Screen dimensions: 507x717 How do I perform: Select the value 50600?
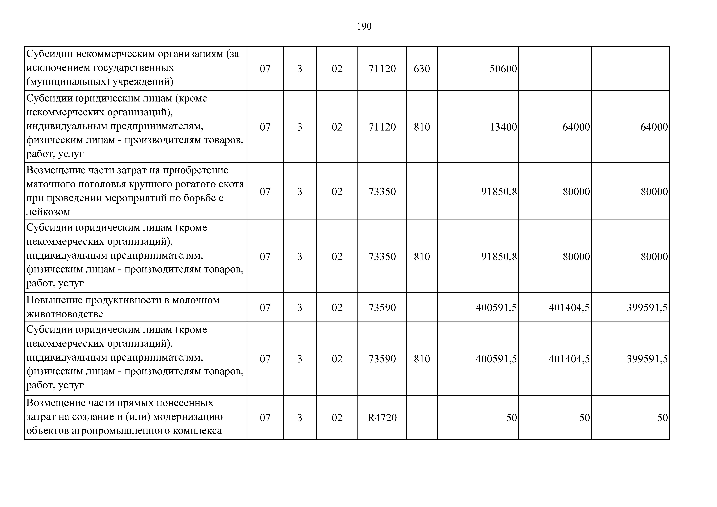coord(503,69)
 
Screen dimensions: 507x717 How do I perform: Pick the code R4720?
coord(382,418)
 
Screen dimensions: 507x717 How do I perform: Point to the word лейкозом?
coord(48,212)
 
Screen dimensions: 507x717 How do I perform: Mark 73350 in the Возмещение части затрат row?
coord(382,192)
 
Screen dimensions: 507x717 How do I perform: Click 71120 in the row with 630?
coord(382,69)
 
